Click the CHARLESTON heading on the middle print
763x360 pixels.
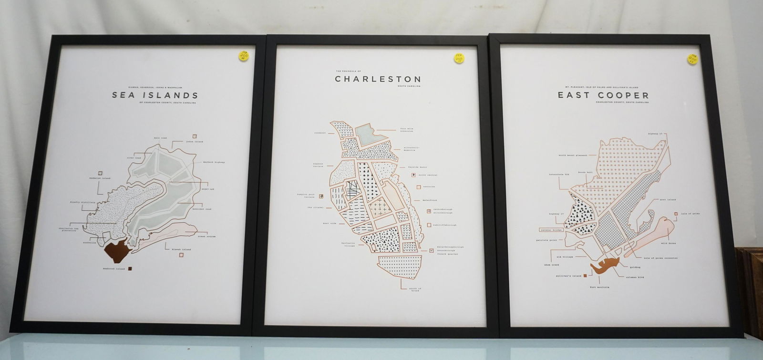(x=378, y=79)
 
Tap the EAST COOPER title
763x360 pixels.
(x=603, y=95)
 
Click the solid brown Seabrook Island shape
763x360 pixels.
(x=116, y=249)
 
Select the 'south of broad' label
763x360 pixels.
(x=414, y=289)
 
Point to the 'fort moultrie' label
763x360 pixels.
(x=599, y=287)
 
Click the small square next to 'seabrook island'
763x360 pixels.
(x=130, y=269)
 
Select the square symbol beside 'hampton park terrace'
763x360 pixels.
(x=321, y=196)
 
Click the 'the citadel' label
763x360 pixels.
(x=315, y=208)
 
